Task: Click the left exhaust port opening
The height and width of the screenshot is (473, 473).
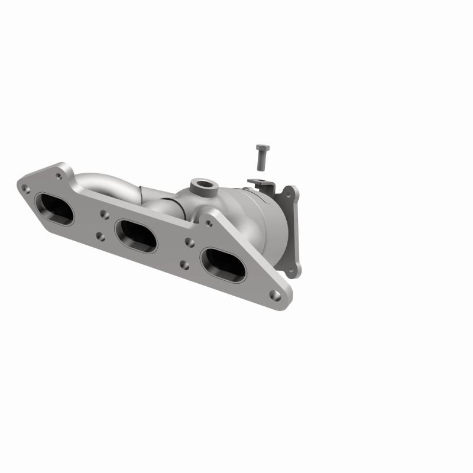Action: tap(54, 208)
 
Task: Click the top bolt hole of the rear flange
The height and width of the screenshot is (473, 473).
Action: tap(290, 192)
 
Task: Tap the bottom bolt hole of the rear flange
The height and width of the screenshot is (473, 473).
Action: tap(291, 270)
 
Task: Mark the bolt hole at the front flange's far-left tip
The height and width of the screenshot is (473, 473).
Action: tap(24, 190)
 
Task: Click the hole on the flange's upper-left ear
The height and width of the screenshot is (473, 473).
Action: tap(58, 175)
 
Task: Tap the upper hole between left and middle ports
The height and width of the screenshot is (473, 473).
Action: tap(103, 215)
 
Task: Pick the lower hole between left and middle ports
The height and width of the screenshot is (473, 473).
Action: tap(100, 237)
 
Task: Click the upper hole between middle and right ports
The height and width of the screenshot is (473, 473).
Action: tap(189, 242)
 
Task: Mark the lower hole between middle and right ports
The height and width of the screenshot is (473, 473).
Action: tap(184, 264)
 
